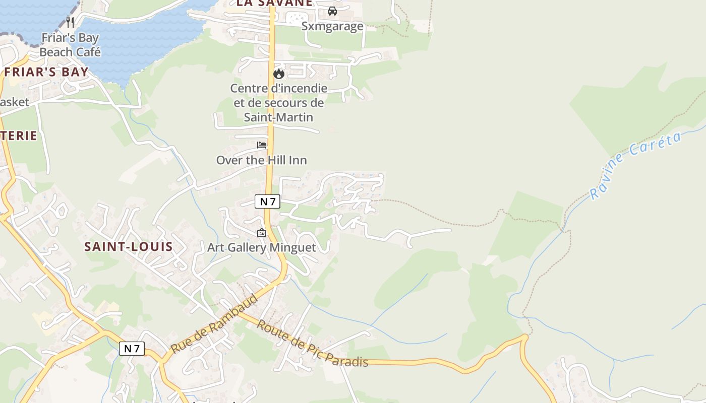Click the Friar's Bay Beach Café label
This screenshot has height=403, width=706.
click(70, 45)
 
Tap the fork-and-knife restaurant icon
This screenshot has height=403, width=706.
click(70, 22)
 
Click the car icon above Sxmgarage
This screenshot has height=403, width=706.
click(332, 11)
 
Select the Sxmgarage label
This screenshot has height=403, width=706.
click(332, 26)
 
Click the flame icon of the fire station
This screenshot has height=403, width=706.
click(279, 74)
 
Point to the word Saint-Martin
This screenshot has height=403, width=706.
click(278, 117)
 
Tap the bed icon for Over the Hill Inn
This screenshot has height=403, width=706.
click(262, 145)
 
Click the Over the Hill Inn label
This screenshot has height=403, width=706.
click(261, 160)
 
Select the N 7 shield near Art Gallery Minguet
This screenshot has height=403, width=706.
click(267, 202)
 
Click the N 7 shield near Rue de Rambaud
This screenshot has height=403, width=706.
click(132, 349)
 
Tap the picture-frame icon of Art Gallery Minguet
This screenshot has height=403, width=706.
click(262, 233)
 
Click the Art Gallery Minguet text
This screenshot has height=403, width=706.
click(261, 247)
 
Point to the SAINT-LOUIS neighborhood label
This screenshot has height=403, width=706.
click(128, 247)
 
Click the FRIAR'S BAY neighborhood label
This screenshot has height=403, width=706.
click(46, 72)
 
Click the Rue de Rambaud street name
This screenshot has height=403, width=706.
click(214, 324)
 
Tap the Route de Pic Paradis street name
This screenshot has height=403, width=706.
click(312, 343)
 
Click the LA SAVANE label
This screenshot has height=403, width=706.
click(274, 3)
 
